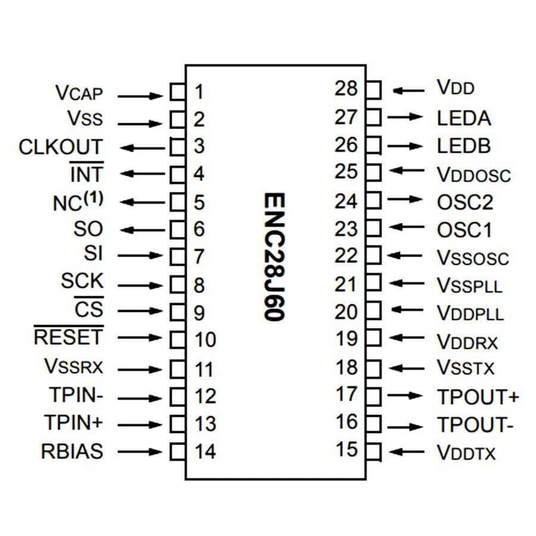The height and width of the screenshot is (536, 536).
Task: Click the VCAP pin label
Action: coord(79,94)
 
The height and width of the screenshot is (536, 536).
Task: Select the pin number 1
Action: coord(199,92)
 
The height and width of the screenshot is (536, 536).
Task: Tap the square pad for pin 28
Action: coord(373,91)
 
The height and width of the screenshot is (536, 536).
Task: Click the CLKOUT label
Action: coord(60,147)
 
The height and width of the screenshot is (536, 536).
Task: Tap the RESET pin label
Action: coord(68,338)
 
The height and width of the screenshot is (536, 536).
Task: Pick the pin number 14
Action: coord(204,451)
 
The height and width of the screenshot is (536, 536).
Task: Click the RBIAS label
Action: coord(71,451)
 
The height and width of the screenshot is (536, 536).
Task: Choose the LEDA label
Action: coord(464,118)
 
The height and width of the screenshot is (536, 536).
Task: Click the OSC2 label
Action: coord(465,202)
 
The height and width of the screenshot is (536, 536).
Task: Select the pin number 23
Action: coord(346,229)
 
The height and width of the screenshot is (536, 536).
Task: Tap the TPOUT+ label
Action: coord(478,397)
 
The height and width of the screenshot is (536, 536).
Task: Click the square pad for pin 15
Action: coord(373,451)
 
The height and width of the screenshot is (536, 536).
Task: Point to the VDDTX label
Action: coord(466,453)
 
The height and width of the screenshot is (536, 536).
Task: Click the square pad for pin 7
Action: coord(177,257)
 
